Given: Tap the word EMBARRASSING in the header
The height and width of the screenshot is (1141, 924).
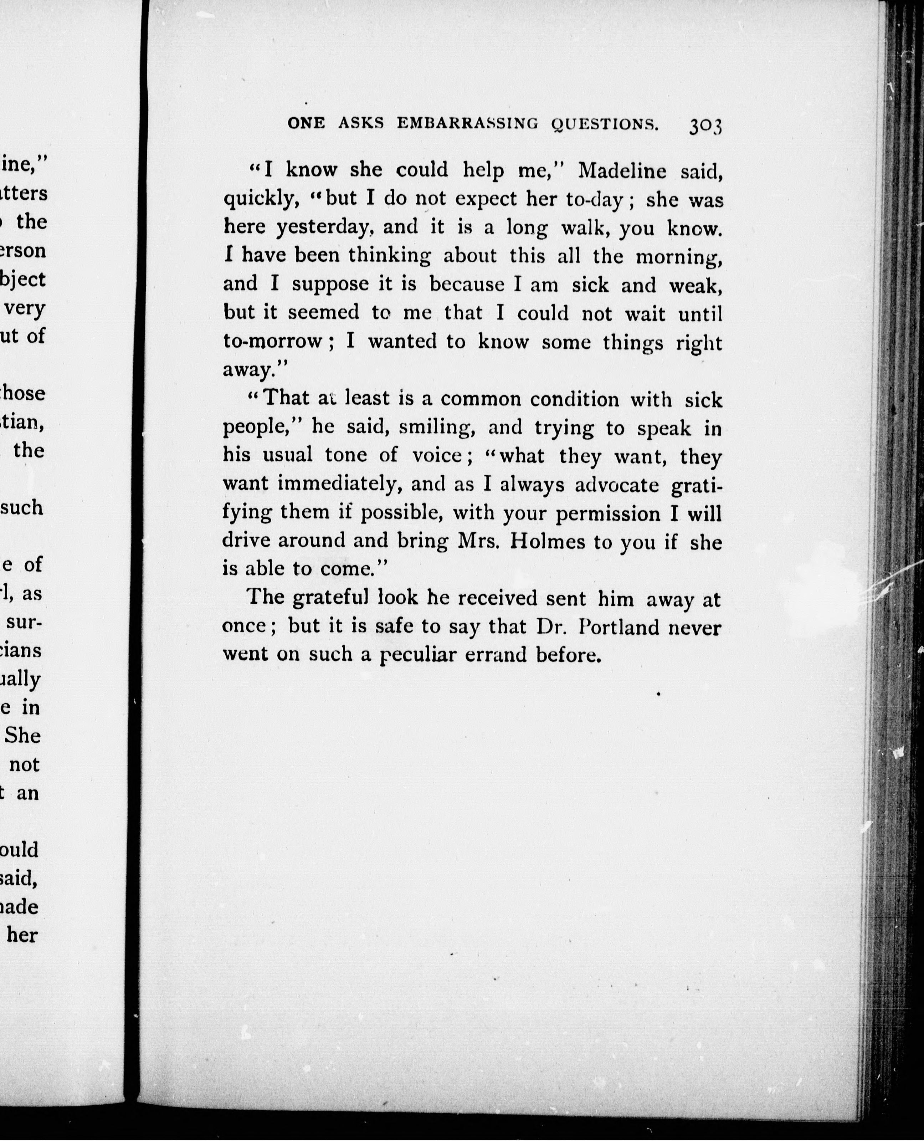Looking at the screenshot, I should click(x=467, y=123).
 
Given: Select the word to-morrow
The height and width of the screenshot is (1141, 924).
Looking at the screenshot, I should click(x=272, y=341).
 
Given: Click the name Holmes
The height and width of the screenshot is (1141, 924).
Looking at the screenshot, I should click(x=549, y=542).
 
